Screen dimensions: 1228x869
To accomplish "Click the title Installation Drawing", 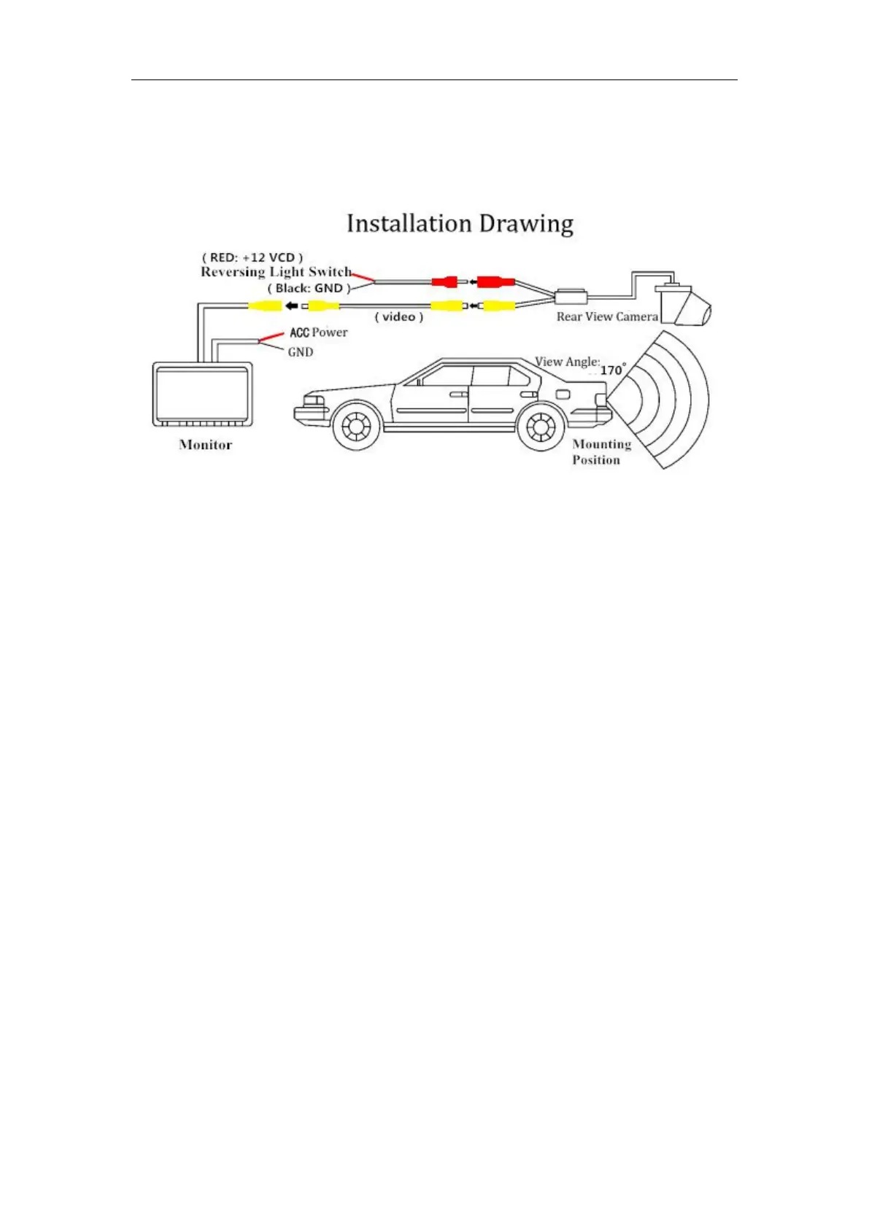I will pyautogui.click(x=460, y=224).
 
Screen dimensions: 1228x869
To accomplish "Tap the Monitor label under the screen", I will pyautogui.click(x=206, y=445).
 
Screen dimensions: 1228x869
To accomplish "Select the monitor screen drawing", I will pyautogui.click(x=202, y=394).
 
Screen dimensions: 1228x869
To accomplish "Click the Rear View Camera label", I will pyautogui.click(x=607, y=316).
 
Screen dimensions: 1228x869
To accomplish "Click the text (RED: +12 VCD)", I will pyautogui.click(x=252, y=257).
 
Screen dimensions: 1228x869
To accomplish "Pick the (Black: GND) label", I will pyautogui.click(x=309, y=288).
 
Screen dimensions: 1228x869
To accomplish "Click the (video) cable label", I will pyautogui.click(x=398, y=316).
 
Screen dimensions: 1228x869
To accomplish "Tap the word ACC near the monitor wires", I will pyautogui.click(x=299, y=333).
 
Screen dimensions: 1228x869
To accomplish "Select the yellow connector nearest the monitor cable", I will pyautogui.click(x=265, y=306).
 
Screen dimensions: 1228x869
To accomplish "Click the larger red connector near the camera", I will pyautogui.click(x=495, y=281).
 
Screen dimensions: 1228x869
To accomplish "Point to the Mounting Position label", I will pyautogui.click(x=601, y=452).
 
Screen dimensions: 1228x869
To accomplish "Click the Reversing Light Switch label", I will pyautogui.click(x=276, y=272).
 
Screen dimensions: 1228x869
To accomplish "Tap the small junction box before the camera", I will pyautogui.click(x=571, y=297).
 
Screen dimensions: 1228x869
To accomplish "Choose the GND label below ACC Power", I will pyautogui.click(x=301, y=352).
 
